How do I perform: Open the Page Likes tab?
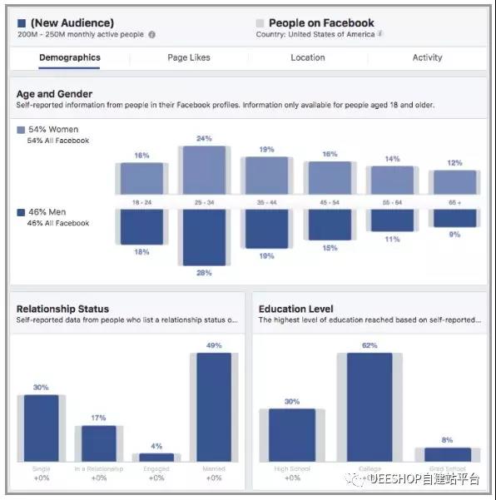189,57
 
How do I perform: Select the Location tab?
307,57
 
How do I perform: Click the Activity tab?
427,57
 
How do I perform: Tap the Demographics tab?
70,57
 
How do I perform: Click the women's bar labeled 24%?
204,171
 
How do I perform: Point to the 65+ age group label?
454,202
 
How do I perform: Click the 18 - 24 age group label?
141,202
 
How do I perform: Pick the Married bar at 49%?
214,407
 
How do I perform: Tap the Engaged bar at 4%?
156,457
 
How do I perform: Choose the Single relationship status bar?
41,428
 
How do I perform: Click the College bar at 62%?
369,407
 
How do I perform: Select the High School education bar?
292,435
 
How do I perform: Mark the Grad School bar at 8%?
447,454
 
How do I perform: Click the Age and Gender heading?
54,94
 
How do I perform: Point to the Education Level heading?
296,309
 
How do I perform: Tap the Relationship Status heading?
62,309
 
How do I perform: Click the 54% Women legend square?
21,130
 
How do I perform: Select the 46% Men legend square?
21,212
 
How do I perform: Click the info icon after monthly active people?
151,35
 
